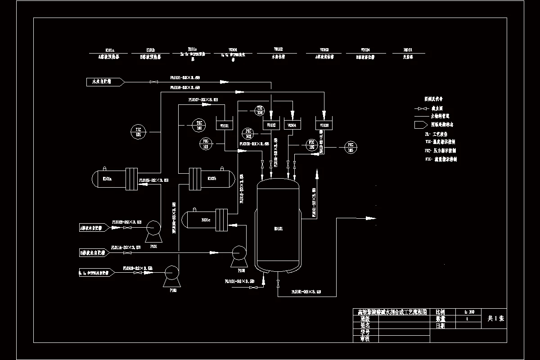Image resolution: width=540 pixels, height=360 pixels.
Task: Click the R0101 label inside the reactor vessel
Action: click(x=279, y=229)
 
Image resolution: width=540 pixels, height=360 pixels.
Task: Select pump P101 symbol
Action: click(x=153, y=229)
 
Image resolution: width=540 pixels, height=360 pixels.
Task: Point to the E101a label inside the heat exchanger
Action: click(x=107, y=179)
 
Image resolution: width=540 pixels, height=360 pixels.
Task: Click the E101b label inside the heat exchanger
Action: click(x=211, y=179)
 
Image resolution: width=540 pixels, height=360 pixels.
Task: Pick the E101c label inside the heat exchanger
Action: click(x=206, y=220)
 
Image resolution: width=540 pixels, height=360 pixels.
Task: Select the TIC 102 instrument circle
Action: click(x=199, y=125)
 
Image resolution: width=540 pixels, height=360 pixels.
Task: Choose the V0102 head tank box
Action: click(x=271, y=125)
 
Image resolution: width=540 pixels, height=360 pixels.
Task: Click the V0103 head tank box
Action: click(x=324, y=125)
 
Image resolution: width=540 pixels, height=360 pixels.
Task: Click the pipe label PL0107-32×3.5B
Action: click(x=203, y=99)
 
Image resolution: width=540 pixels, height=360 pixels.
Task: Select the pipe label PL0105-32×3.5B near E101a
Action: click(x=154, y=180)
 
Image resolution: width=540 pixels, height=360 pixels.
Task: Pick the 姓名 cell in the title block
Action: click(x=365, y=325)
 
